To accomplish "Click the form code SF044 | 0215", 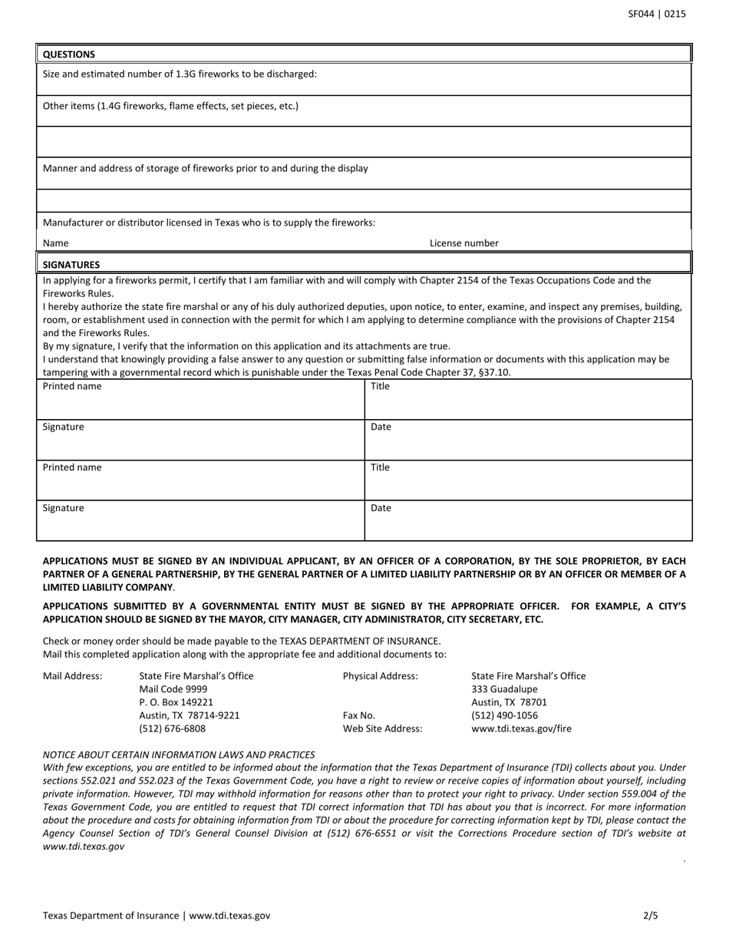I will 657,14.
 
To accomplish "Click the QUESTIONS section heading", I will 69,54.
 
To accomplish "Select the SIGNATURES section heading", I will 71,264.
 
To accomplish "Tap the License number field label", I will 463,243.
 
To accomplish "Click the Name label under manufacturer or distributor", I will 55,243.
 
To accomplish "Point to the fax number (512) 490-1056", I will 504,715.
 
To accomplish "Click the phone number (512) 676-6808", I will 172,728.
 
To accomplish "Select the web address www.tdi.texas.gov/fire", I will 521,728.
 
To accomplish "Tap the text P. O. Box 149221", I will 176,702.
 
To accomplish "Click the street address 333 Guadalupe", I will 504,689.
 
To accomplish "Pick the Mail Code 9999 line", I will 173,689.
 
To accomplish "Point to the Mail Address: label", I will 72,676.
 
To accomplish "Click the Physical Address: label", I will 381,676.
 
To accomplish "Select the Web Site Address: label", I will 382,728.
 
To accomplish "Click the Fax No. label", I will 359,715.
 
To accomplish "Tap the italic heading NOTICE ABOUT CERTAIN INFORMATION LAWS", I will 179,754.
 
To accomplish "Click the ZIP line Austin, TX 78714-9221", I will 189,715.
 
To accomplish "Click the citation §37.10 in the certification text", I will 495,373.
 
